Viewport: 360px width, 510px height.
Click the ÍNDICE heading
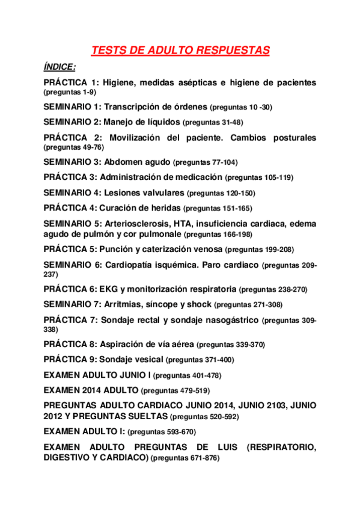tap(59, 67)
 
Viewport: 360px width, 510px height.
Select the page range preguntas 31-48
tap(213, 122)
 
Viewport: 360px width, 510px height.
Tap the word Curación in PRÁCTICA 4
tap(117, 208)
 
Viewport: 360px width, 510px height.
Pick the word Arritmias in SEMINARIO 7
tap(124, 304)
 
